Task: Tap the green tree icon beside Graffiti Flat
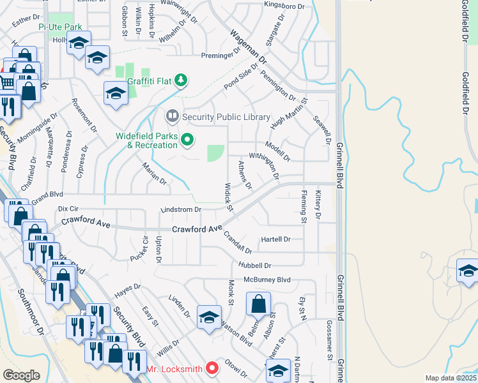point(182,80)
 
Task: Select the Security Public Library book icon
point(172,116)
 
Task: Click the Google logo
point(21,375)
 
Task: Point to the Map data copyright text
point(451,378)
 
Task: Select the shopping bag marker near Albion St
point(258,304)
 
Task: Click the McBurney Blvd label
point(267,280)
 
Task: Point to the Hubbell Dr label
point(255,265)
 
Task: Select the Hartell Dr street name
point(275,239)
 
